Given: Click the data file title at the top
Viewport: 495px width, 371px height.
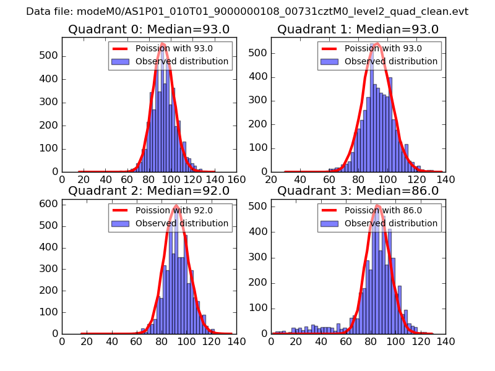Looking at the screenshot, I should pos(247,11).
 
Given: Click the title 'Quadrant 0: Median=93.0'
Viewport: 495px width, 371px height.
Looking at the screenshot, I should pos(148,29).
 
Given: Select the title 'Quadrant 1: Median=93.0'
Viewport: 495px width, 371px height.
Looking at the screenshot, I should pos(358,29).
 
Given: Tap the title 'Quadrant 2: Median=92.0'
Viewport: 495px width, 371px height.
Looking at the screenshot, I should pos(148,190).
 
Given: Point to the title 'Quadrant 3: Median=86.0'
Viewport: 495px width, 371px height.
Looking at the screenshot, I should pos(358,190).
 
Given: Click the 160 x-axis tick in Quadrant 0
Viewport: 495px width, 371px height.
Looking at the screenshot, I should pos(236,179).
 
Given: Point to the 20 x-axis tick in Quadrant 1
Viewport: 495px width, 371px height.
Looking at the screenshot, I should pos(271,179).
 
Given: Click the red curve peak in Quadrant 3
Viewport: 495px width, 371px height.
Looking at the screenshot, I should pos(377,206).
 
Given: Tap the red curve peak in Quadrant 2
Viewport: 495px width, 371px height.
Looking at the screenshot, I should pos(176,206).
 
